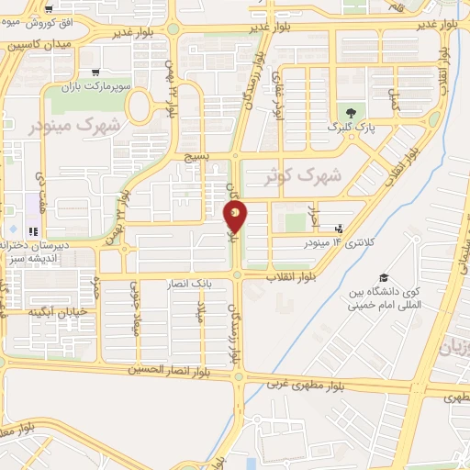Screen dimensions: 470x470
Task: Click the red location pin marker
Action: click(236, 216)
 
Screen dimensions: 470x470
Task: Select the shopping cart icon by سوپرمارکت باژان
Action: click(96, 73)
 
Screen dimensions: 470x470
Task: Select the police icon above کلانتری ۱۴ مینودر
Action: click(340, 228)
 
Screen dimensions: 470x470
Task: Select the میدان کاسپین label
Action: click(33, 44)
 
